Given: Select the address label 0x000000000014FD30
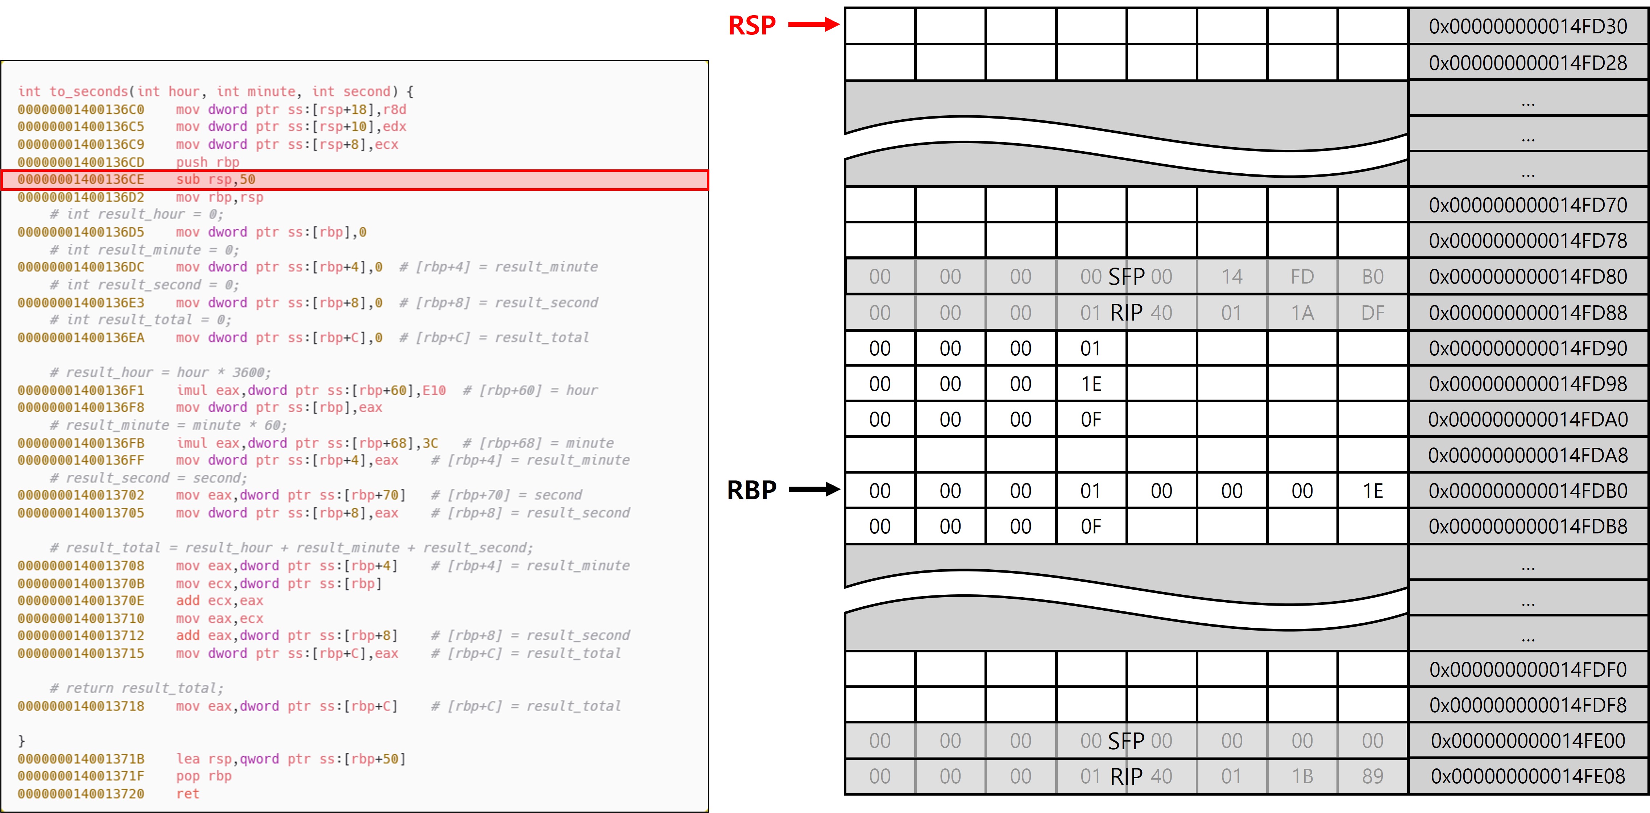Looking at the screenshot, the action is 1527,26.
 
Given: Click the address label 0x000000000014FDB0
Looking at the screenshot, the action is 1527,491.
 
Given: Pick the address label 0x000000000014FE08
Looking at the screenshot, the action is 1527,776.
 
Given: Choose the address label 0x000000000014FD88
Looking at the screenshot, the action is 1527,313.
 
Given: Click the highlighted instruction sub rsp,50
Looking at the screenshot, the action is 216,179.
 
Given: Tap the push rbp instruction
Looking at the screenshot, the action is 208,162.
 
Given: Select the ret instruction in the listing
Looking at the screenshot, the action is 188,794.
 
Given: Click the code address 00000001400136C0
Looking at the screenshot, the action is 81,110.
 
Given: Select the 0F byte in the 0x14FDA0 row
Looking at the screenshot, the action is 1091,420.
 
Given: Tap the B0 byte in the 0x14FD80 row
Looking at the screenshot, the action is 1373,277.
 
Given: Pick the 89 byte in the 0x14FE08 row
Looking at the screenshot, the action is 1373,776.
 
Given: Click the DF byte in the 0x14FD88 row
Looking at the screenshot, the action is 1373,313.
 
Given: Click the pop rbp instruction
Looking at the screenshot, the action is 204,776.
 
